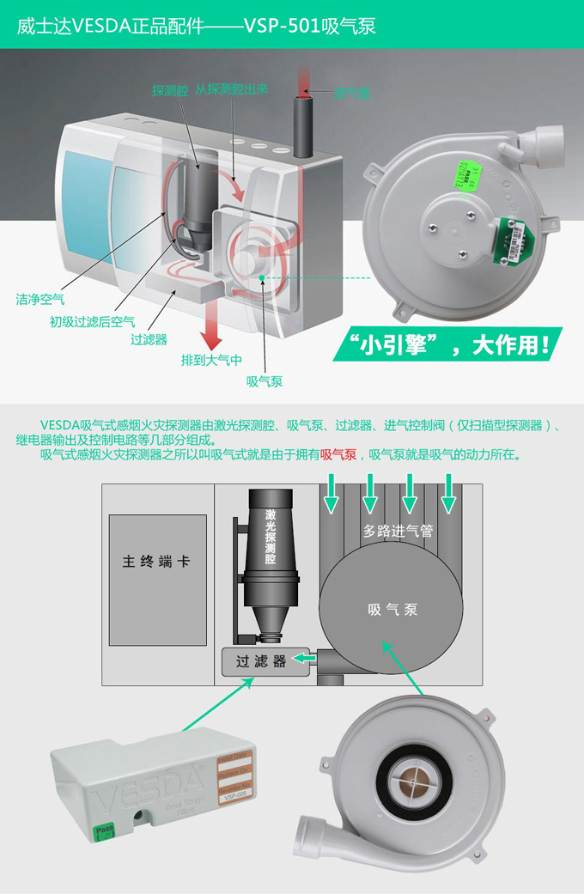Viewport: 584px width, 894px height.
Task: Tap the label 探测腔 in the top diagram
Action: [169, 90]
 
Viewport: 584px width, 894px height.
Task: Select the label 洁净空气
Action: [40, 300]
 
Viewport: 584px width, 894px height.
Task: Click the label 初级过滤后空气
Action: [92, 321]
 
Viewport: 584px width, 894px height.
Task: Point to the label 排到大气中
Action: [210, 360]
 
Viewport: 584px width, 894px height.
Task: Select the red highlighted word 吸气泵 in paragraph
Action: [338, 454]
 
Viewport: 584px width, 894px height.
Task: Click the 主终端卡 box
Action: [157, 563]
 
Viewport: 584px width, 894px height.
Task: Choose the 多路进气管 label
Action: [398, 531]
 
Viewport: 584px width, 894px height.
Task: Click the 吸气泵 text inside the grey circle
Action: [392, 610]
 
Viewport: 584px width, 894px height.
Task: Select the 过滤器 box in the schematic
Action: [255, 662]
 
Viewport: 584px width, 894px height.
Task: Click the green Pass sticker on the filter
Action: [103, 832]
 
